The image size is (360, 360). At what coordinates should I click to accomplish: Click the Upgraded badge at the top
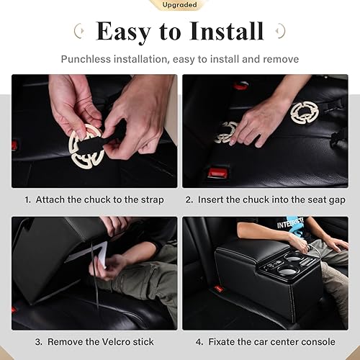(x=180, y=4)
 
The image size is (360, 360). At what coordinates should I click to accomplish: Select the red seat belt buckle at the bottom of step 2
(x=217, y=174)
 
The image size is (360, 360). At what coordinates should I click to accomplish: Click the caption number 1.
(x=27, y=199)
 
